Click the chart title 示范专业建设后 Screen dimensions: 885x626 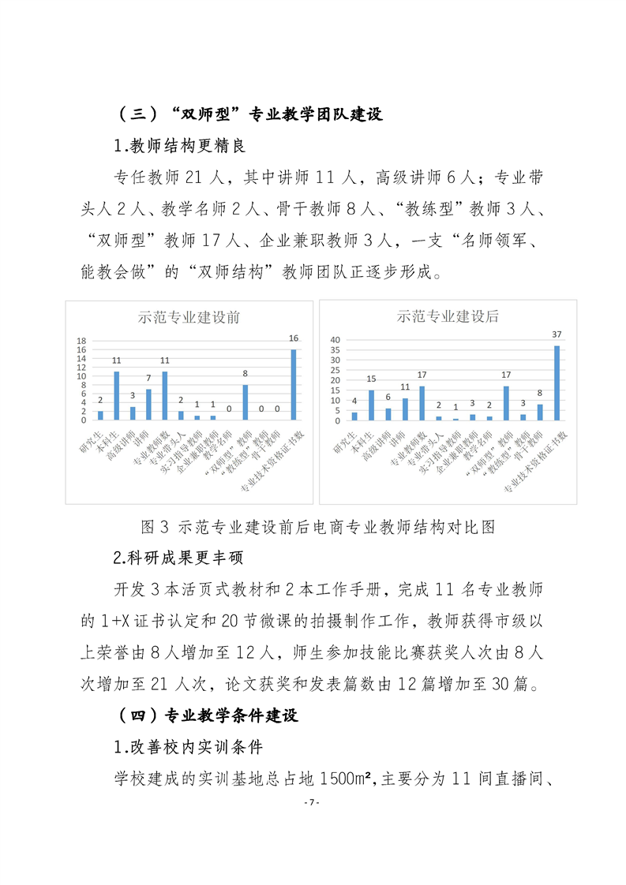click(448, 316)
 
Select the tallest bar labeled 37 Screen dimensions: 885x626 click(557, 383)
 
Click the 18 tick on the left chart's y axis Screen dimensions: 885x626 click(81, 342)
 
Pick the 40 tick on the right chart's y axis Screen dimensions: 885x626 click(335, 340)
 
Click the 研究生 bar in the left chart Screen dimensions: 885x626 click(100, 415)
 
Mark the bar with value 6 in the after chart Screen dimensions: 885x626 click(388, 413)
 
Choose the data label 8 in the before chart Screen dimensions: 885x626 click(246, 374)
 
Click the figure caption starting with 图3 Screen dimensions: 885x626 click(314, 526)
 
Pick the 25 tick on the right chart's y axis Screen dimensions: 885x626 click(335, 370)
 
